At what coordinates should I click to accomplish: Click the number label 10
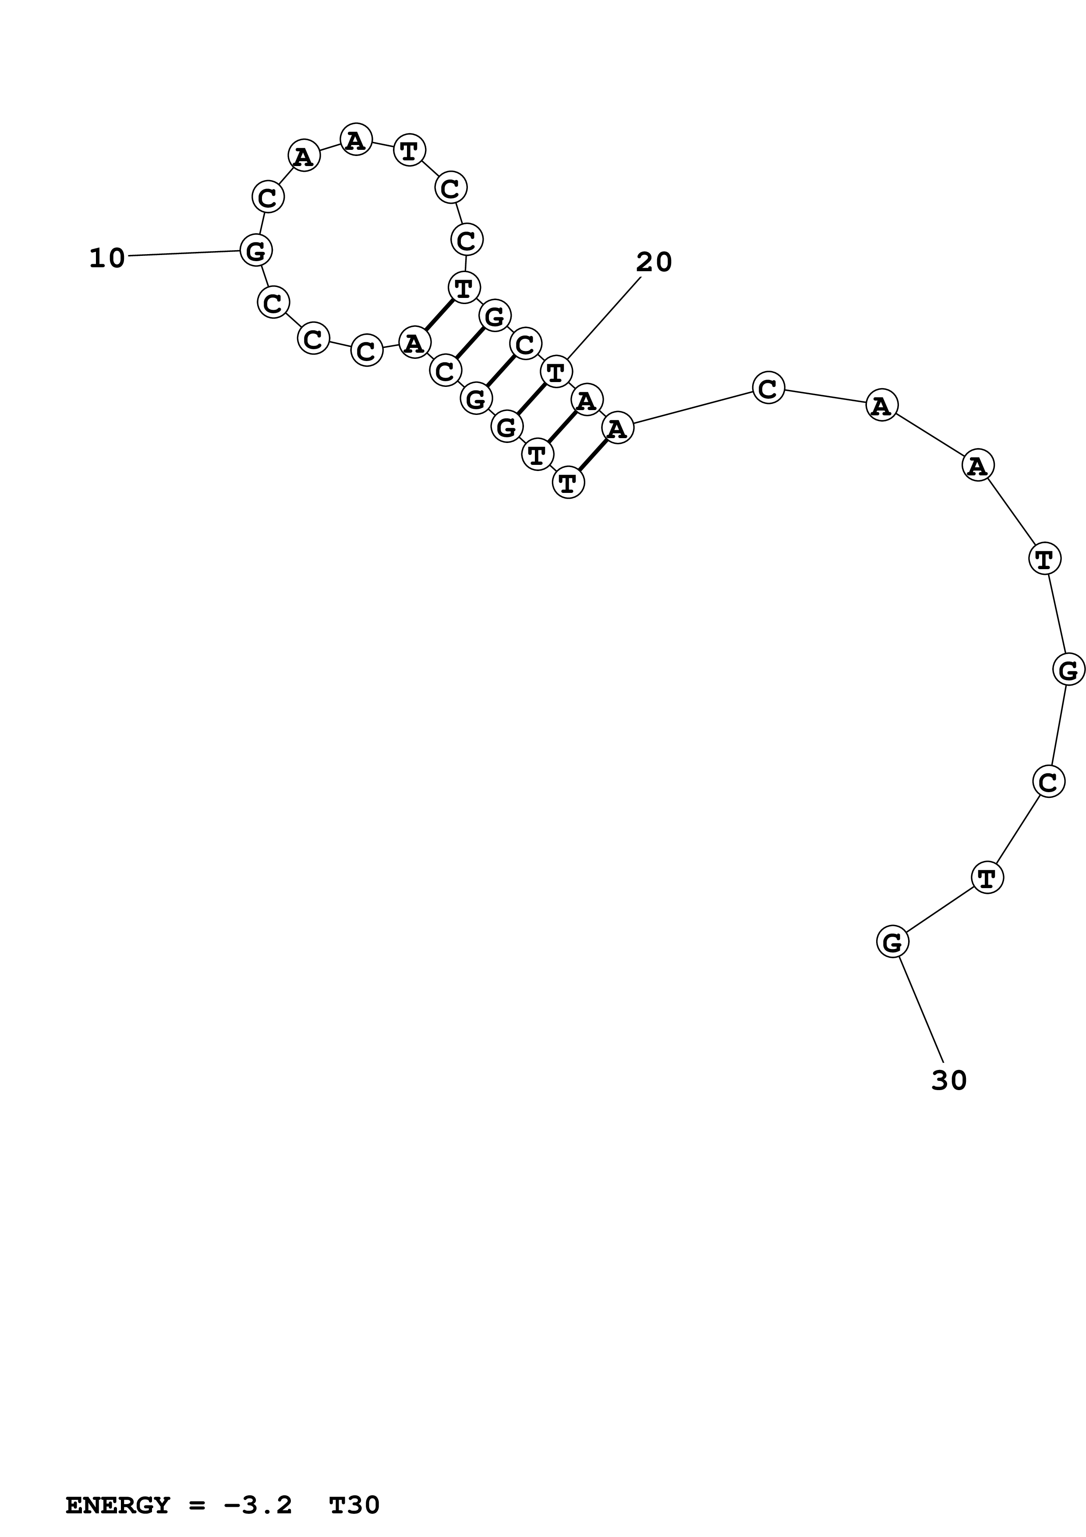coord(107,259)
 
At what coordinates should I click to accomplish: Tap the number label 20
coord(653,262)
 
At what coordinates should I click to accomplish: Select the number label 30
coord(949,1080)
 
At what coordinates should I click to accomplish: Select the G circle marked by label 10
coord(255,251)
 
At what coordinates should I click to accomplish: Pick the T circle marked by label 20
coord(556,372)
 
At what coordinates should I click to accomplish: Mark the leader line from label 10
coord(184,253)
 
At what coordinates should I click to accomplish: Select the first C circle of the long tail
coord(768,388)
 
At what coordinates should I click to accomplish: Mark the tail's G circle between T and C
coord(1068,669)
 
